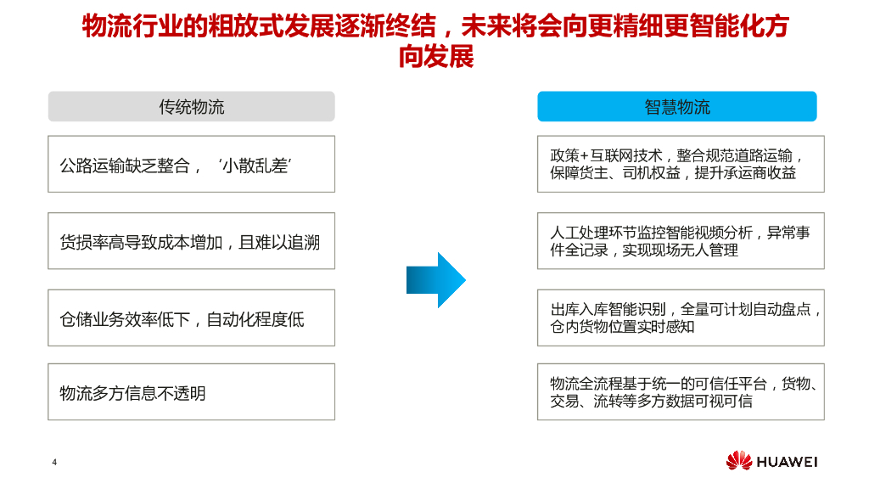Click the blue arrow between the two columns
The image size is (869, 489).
(x=436, y=279)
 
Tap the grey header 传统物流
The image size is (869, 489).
(x=191, y=107)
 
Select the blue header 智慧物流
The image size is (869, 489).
(x=676, y=107)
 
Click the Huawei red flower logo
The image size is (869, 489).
(x=738, y=461)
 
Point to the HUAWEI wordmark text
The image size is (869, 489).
(x=787, y=462)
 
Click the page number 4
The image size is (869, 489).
(x=54, y=462)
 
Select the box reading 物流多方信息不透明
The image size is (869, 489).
(x=191, y=392)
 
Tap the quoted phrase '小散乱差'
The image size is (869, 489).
(x=255, y=166)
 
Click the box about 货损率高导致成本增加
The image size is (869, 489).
(x=191, y=242)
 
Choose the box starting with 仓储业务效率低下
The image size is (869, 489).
(x=191, y=318)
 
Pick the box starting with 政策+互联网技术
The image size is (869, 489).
(x=681, y=164)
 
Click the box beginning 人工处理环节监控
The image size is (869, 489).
(x=681, y=241)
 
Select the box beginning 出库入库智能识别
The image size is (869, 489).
(x=681, y=318)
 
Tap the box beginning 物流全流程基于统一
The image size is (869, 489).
(x=681, y=392)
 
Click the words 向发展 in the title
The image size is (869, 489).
(x=435, y=57)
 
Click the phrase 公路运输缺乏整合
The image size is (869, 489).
(x=125, y=166)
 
